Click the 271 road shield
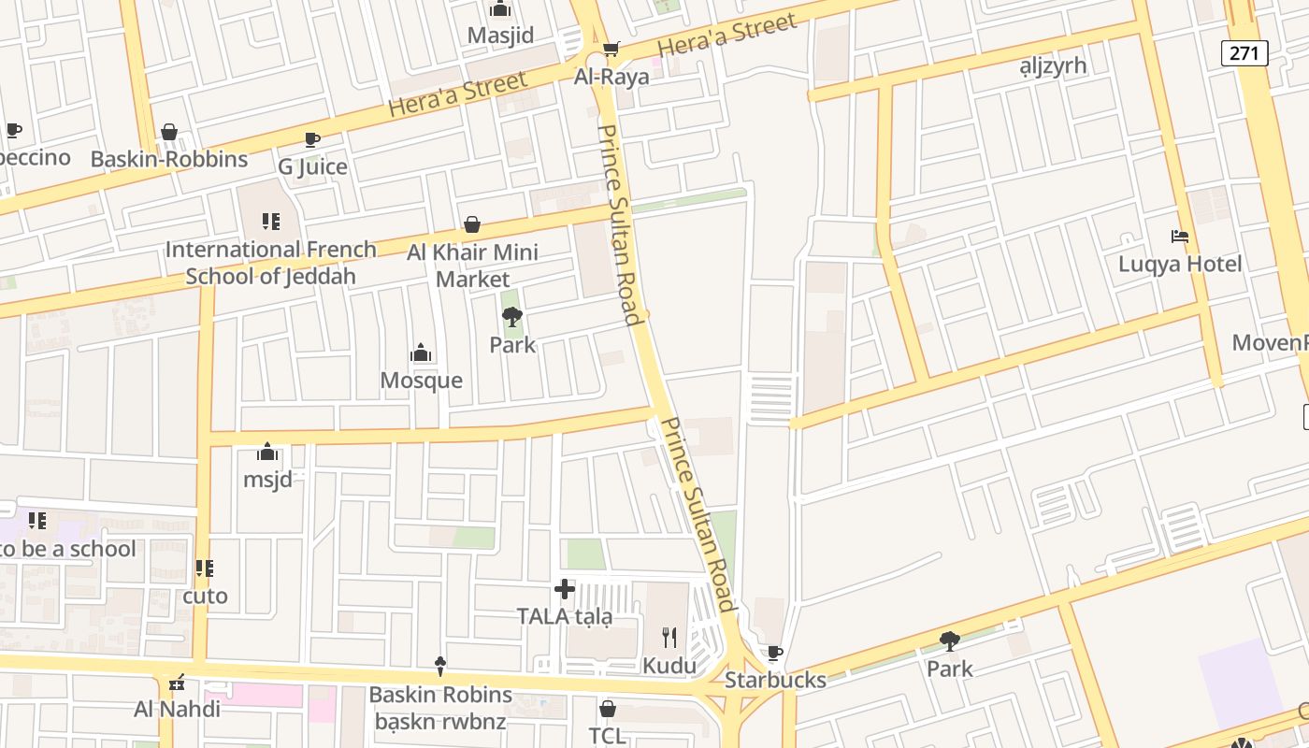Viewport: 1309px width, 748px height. (x=1244, y=53)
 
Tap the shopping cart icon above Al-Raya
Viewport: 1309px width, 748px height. (x=611, y=49)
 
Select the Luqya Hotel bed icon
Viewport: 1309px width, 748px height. (x=1180, y=237)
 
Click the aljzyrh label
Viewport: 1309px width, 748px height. (x=1053, y=65)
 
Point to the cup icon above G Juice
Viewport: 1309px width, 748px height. (x=312, y=139)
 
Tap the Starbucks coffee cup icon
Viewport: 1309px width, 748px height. (x=774, y=653)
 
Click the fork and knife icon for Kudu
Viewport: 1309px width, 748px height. (x=669, y=638)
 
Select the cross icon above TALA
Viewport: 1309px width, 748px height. (x=565, y=589)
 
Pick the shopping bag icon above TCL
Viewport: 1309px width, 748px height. (x=608, y=709)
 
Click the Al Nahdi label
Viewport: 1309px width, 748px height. (x=177, y=709)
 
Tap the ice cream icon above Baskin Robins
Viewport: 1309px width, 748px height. (x=440, y=667)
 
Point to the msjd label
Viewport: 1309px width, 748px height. (x=267, y=480)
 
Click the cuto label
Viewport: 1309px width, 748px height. (x=205, y=596)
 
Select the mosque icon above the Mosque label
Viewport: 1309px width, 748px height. (x=421, y=352)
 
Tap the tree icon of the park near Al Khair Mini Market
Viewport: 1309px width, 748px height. (x=511, y=318)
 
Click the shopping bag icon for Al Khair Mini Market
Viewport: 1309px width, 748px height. (x=472, y=225)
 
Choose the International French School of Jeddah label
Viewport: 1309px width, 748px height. (x=270, y=263)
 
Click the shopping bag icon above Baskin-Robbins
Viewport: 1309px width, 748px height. (x=169, y=132)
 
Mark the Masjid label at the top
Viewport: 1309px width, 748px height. (x=500, y=36)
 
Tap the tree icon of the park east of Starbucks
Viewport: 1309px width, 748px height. (x=950, y=641)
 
